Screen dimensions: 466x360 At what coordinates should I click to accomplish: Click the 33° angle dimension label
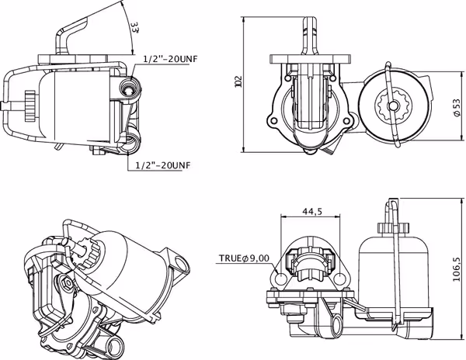coord(135,26)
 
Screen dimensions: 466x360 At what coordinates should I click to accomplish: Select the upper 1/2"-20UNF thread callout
coord(170,59)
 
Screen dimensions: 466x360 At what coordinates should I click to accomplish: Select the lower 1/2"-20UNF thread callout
coord(162,165)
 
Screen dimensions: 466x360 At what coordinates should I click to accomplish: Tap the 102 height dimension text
coord(238,81)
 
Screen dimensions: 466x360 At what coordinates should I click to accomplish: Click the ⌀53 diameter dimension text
coord(457,107)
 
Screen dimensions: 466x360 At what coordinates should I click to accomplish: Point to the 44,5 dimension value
coord(312,211)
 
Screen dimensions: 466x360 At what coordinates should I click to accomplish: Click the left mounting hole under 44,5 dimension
coord(281,279)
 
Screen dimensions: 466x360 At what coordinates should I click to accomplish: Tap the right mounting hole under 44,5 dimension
coord(339,279)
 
